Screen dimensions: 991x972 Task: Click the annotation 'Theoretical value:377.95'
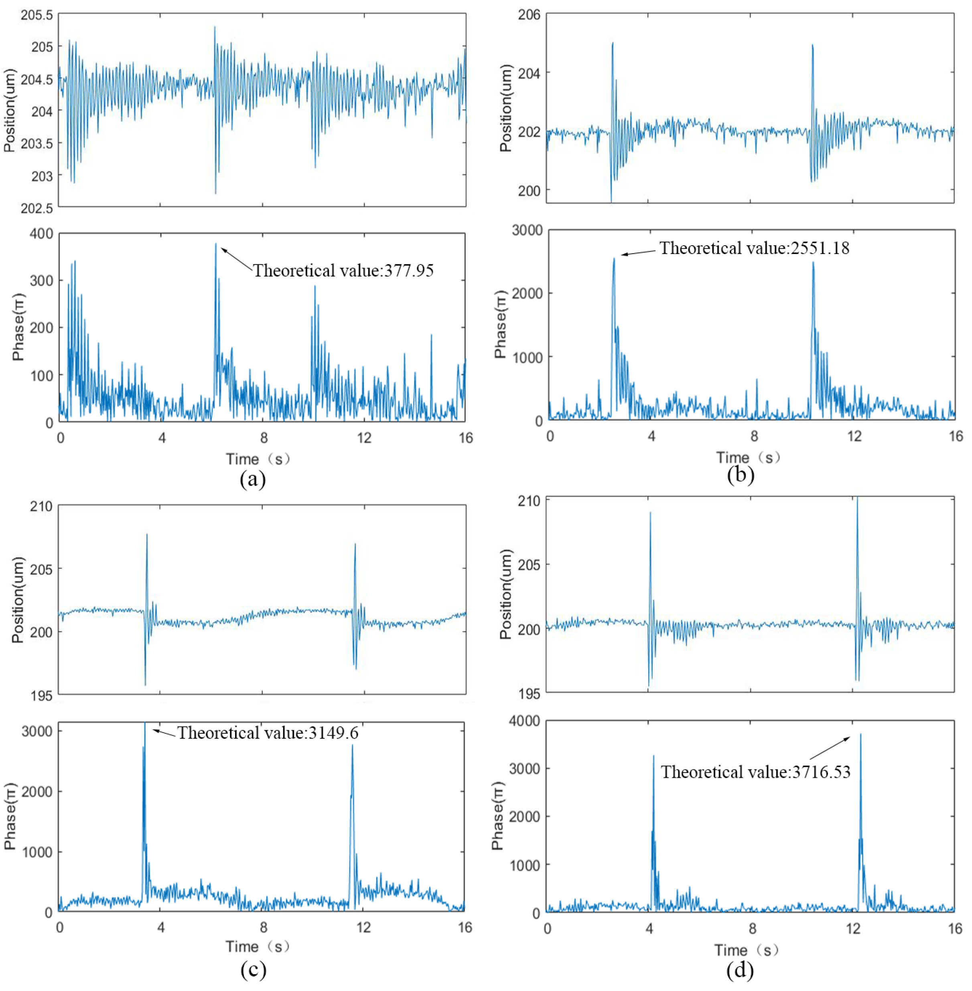(x=343, y=270)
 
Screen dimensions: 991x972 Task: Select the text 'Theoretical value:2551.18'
(x=754, y=248)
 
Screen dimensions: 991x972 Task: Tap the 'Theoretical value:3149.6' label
(x=268, y=733)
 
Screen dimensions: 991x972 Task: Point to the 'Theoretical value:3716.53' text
(x=755, y=772)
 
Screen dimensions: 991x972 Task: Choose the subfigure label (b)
(x=740, y=474)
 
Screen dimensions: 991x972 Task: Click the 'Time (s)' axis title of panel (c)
(x=258, y=947)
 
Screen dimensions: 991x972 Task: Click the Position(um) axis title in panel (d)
(x=505, y=594)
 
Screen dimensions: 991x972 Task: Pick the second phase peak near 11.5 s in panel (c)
(x=352, y=746)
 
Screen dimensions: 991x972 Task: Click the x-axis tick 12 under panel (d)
(x=852, y=928)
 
